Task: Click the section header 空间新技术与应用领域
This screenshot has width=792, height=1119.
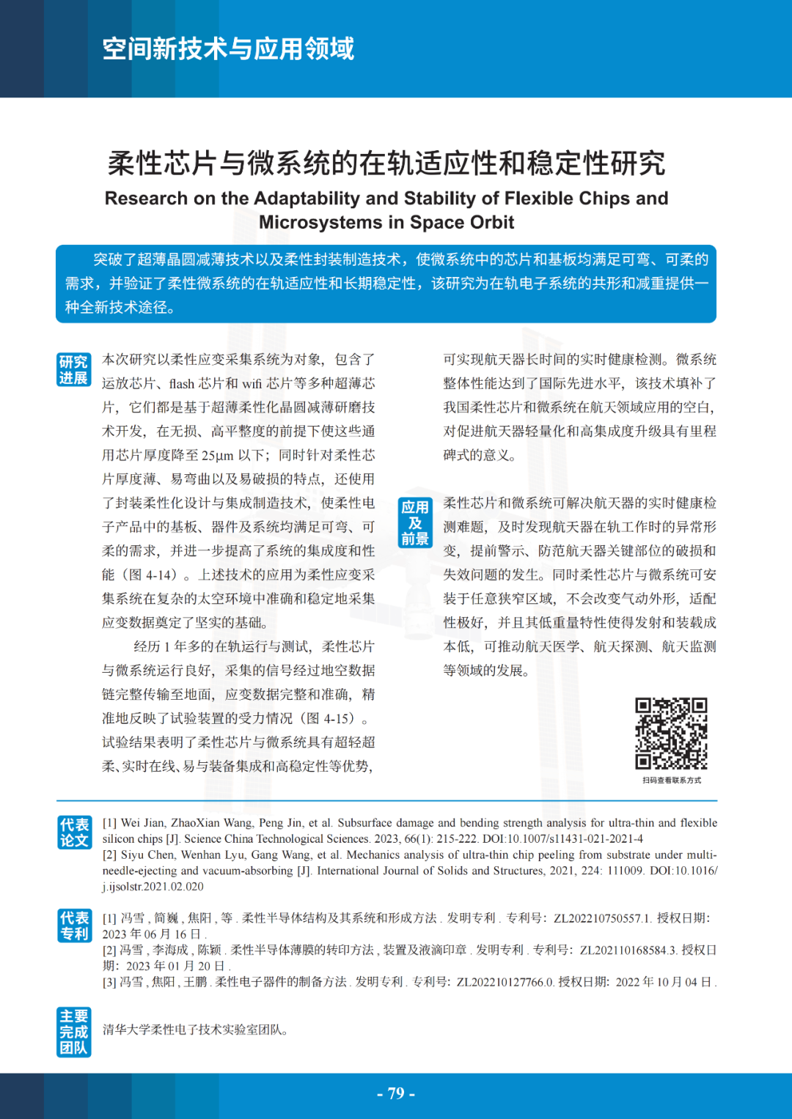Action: click(228, 49)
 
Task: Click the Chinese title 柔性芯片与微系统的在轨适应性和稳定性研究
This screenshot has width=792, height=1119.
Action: click(386, 163)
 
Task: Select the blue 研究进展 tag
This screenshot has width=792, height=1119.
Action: click(73, 370)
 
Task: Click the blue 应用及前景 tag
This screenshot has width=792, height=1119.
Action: click(415, 523)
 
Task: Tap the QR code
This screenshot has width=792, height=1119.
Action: click(671, 734)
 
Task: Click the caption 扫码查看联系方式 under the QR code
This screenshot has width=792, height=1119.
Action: click(672, 780)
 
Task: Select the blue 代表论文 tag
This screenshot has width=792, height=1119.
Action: click(74, 832)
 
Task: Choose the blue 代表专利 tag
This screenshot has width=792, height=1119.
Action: click(74, 926)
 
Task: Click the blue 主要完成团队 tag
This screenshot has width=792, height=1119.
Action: click(73, 1032)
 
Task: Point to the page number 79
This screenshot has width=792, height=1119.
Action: click(396, 1093)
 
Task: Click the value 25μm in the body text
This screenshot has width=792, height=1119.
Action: click(217, 456)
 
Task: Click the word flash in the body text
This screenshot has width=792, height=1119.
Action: click(182, 384)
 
